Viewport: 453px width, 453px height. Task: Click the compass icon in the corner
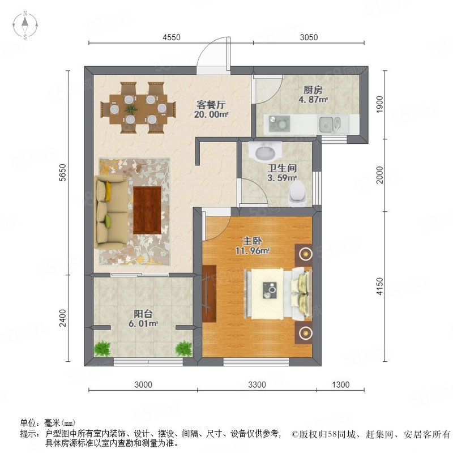(x=26, y=25)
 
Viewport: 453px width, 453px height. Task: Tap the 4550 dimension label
(x=171, y=38)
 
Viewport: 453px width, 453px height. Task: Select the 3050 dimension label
(x=309, y=38)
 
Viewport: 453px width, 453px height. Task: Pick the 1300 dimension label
(x=340, y=385)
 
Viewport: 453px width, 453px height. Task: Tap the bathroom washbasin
(x=266, y=152)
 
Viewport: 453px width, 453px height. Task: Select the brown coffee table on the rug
(x=148, y=210)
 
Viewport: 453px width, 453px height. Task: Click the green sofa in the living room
(x=108, y=210)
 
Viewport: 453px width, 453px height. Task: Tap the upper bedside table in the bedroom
(x=305, y=254)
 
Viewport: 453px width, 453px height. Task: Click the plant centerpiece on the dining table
(x=131, y=108)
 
